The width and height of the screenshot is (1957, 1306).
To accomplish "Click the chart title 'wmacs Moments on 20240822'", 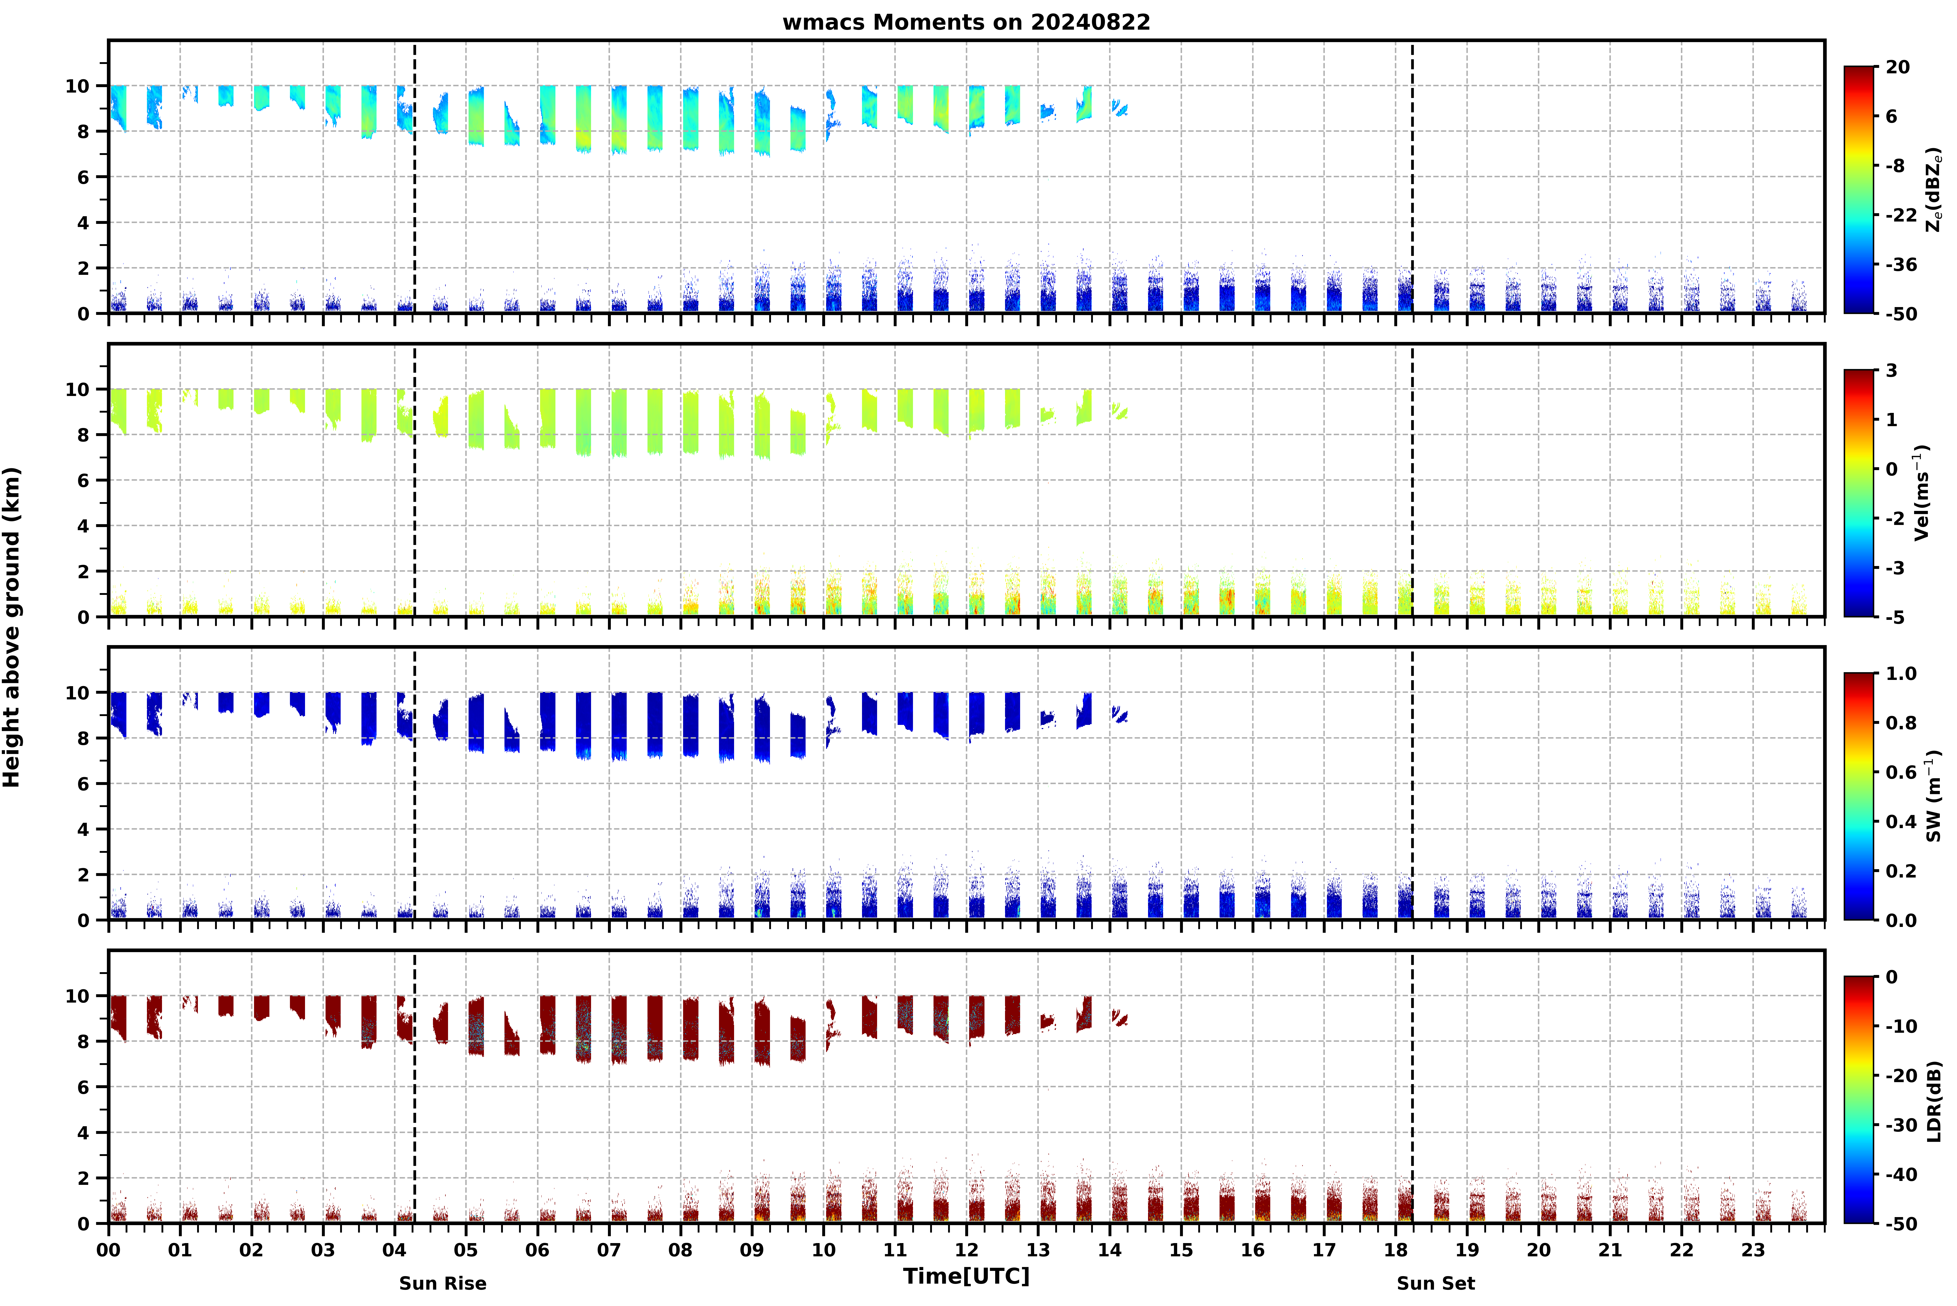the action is click(x=966, y=22).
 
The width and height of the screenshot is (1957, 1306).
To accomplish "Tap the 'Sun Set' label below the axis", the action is click(x=1436, y=1284).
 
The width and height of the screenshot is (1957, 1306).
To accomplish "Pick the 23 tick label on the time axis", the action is click(x=1753, y=1250).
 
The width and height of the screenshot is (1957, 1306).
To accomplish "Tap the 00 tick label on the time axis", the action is click(x=108, y=1250).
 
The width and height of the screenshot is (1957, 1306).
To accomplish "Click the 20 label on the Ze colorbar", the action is click(x=1898, y=67).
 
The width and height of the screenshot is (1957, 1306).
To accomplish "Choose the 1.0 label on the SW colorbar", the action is click(x=1901, y=674).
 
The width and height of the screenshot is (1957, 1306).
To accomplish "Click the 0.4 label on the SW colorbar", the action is click(x=1901, y=822).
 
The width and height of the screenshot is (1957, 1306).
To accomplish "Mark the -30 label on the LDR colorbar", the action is click(x=1901, y=1125).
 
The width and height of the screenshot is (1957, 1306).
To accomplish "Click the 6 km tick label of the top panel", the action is click(x=82, y=177).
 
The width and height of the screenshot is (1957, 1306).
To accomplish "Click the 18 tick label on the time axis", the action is click(x=1396, y=1250).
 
